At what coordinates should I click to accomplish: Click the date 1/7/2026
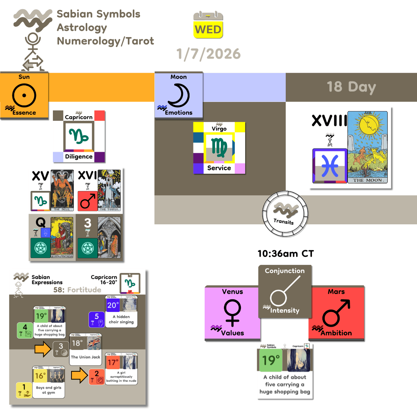point(208,54)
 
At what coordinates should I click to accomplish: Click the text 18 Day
point(351,87)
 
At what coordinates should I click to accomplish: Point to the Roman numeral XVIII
point(329,121)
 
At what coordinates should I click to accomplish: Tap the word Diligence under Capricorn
point(78,156)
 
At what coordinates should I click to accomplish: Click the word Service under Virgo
point(219,168)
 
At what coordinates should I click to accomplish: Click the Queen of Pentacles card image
point(62,237)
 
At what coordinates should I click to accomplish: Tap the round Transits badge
point(284,212)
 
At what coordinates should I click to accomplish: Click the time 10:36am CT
point(286,254)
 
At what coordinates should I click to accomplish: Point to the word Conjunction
point(285,271)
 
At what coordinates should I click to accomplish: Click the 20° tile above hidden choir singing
point(113,305)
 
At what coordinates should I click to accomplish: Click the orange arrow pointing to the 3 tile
point(43,350)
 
